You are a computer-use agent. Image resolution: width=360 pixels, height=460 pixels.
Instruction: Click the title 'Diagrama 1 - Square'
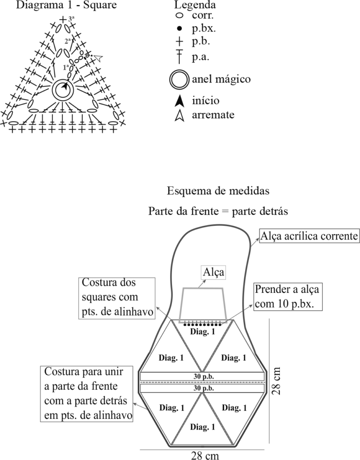click(x=67, y=5)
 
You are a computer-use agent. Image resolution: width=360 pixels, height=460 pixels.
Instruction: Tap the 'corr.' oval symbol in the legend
click(x=179, y=15)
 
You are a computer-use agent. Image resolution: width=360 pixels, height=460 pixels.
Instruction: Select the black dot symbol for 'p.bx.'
click(x=179, y=29)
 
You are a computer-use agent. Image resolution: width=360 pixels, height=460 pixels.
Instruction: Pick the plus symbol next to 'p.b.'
click(x=179, y=41)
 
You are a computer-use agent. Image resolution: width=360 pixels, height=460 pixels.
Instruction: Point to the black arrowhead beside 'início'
click(x=180, y=101)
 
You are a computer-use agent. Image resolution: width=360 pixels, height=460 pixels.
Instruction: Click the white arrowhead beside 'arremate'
click(x=180, y=115)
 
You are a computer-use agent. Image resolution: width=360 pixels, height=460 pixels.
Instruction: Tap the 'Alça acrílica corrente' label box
click(x=309, y=236)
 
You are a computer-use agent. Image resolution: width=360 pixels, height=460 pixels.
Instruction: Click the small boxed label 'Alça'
click(x=213, y=272)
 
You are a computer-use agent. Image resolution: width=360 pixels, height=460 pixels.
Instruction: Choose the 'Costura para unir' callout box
click(x=86, y=393)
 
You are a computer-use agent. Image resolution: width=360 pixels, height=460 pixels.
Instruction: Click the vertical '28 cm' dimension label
click(x=276, y=381)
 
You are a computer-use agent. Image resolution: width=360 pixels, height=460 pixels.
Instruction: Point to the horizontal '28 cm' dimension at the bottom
click(x=205, y=455)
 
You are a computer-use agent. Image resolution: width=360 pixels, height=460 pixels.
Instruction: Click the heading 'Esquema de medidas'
click(x=218, y=191)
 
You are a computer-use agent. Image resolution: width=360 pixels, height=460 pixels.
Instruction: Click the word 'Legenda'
click(x=195, y=5)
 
